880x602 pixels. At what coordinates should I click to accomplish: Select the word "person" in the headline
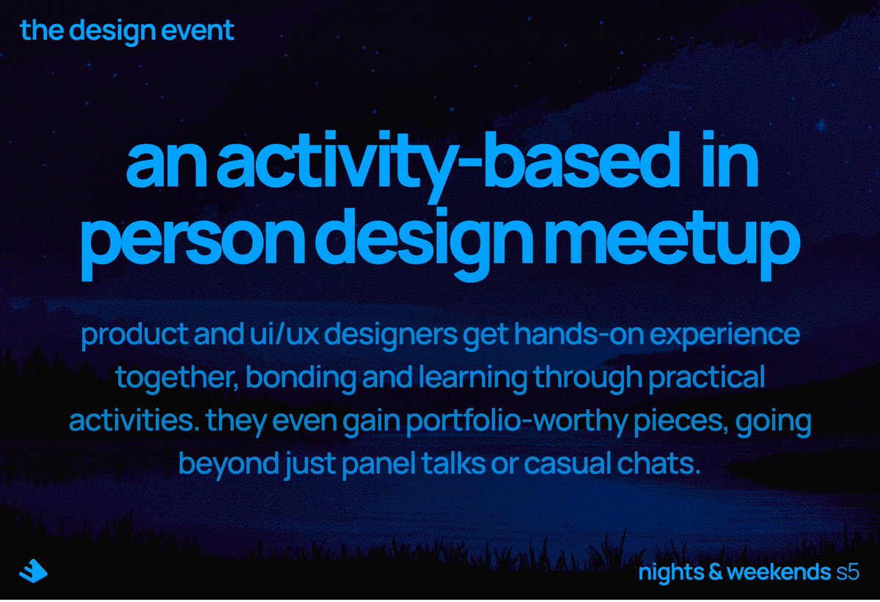tap(192, 241)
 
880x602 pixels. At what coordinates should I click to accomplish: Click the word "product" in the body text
tap(134, 335)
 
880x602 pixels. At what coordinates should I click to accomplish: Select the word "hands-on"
tap(579, 334)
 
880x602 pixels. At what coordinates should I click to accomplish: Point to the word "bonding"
tap(301, 378)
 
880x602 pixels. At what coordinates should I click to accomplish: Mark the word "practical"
tap(706, 378)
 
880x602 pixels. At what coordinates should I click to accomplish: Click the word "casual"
tap(568, 463)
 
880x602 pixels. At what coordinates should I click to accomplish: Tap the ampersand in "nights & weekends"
tap(716, 572)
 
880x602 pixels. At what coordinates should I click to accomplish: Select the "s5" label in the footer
tap(848, 573)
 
